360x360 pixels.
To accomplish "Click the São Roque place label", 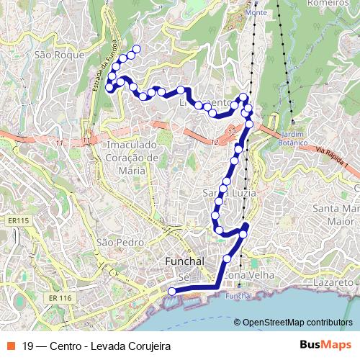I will click(x=59, y=54).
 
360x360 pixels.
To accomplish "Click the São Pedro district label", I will click(x=116, y=242).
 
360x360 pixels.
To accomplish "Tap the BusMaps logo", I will click(x=325, y=345).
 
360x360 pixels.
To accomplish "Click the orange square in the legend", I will click(x=11, y=346).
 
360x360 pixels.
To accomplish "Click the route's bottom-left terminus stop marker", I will click(x=171, y=291).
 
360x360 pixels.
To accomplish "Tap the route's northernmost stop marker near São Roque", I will click(x=136, y=49).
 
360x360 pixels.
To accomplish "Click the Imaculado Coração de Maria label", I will click(x=131, y=158).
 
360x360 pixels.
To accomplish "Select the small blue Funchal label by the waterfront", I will click(x=238, y=296).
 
